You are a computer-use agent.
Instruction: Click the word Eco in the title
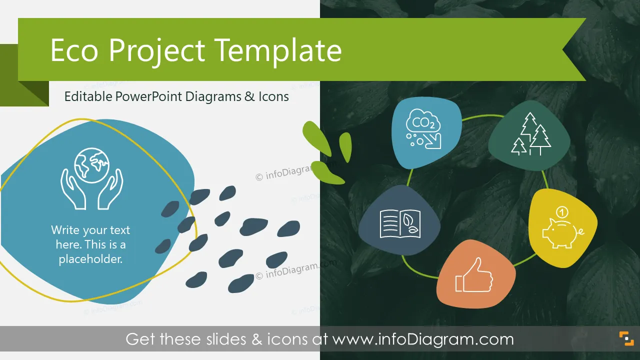(x=74, y=50)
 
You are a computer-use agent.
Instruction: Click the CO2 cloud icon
(x=423, y=128)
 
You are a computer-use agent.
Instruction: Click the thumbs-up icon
(x=474, y=275)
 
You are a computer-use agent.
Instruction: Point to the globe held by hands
(x=91, y=165)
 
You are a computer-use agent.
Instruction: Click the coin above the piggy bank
(x=562, y=212)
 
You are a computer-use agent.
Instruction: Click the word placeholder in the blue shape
(x=90, y=259)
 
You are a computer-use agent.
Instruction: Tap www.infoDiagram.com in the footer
(x=423, y=339)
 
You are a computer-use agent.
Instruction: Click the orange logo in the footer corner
(x=626, y=338)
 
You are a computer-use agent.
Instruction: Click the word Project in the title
(x=157, y=51)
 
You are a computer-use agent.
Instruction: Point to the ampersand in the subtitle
(x=249, y=96)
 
